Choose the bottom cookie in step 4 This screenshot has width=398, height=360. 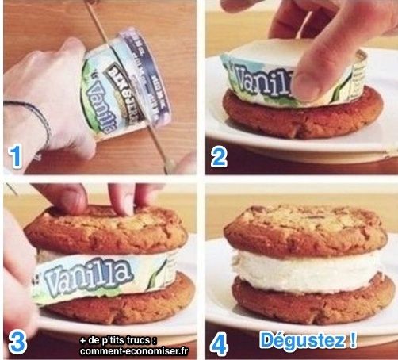click(x=301, y=305)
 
